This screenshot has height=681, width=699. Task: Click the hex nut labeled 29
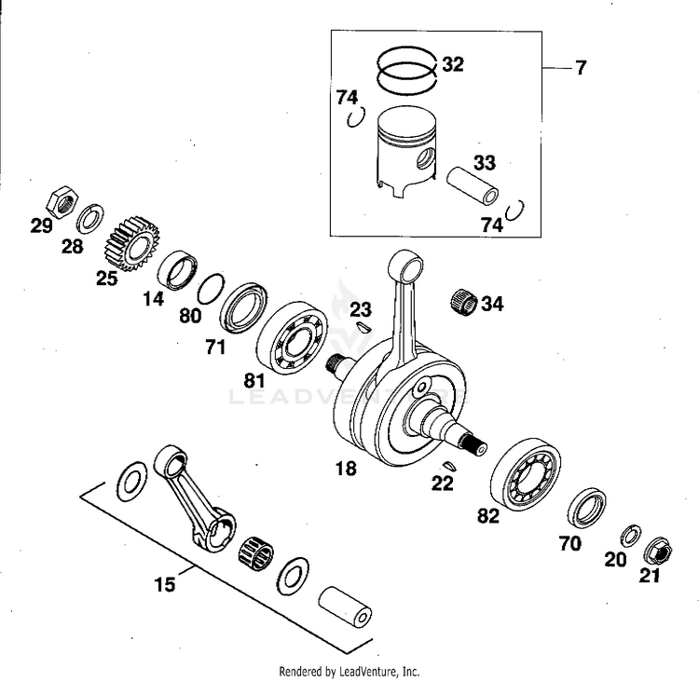click(62, 200)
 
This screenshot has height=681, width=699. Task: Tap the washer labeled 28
click(90, 220)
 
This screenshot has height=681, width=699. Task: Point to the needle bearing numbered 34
click(463, 302)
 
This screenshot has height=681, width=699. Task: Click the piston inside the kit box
click(406, 152)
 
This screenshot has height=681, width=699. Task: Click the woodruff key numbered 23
click(363, 327)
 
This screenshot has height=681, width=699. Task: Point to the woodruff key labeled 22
click(447, 465)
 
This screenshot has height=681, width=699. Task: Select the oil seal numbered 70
click(587, 507)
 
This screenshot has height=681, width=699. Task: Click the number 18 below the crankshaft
click(345, 469)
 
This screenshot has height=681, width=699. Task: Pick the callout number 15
click(164, 585)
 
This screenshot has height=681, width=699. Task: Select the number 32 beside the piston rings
click(453, 64)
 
